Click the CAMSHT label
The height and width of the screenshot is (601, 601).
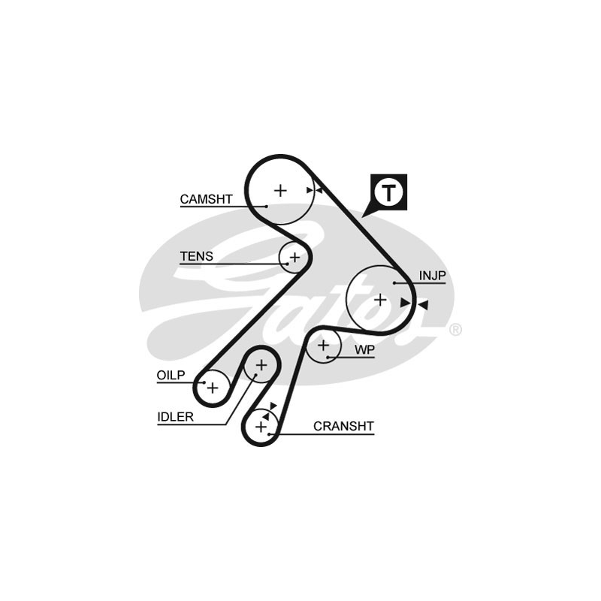point(206,199)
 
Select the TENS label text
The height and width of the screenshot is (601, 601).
point(196,256)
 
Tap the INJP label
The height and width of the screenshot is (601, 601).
point(432,276)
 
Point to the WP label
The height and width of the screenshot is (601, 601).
point(364,349)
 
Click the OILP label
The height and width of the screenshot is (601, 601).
point(171,376)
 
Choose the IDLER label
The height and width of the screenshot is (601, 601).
point(175,418)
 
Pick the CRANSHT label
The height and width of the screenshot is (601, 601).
point(343,426)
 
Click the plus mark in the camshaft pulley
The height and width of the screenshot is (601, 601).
point(280,191)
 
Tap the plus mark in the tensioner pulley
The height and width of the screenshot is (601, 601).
point(294,258)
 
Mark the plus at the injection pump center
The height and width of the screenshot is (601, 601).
point(380,299)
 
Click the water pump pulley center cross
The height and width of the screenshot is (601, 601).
point(324,346)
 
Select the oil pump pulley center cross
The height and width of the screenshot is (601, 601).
point(213,388)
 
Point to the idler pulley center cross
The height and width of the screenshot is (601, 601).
point(261,366)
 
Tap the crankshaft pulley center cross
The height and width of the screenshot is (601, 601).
point(261,427)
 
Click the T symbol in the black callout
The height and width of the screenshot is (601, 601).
point(388,192)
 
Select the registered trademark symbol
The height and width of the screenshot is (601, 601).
point(455,329)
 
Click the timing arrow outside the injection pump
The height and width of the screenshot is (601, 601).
point(423,304)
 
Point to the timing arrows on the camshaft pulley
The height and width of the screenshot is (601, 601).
point(315,190)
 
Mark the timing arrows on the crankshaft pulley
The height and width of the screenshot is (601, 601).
point(269,410)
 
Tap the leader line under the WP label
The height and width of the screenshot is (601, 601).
point(353,357)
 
